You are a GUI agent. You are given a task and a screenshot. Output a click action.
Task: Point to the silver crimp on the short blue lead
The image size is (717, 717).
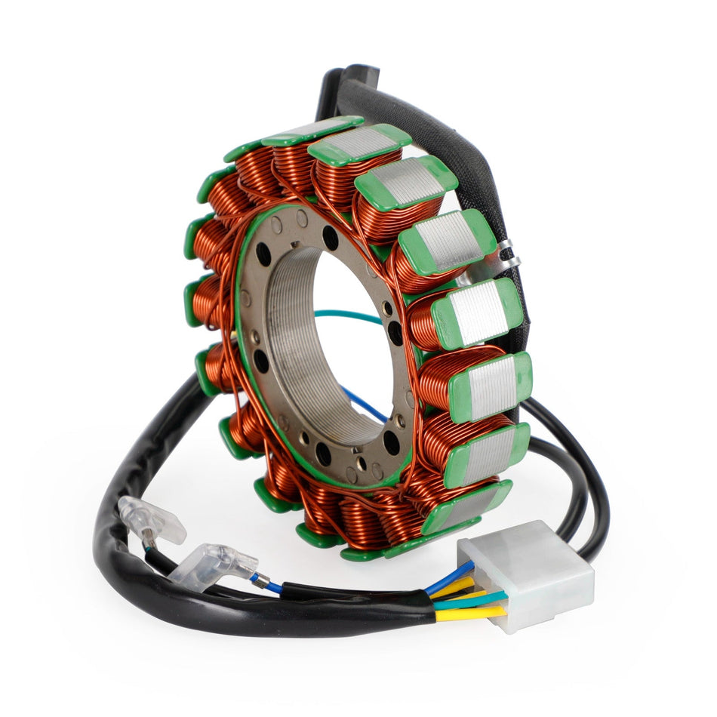coord(260,580)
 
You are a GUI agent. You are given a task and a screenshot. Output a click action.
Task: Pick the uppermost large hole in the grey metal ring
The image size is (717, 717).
coord(330,237)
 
